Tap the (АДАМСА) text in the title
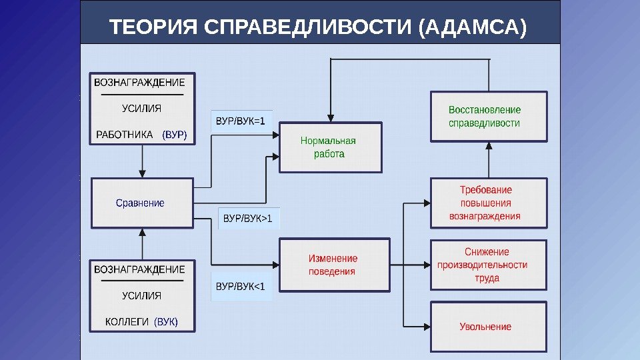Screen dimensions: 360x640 [473, 29]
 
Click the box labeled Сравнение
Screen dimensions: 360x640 [141, 203]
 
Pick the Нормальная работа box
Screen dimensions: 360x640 [330, 147]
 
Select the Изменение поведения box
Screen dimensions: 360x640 [333, 265]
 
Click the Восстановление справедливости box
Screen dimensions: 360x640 [489, 117]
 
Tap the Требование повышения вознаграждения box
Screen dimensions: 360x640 [489, 203]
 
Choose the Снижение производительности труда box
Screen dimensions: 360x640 [489, 265]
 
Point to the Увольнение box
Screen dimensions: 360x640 [489, 327]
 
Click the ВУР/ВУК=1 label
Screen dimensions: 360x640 [241, 121]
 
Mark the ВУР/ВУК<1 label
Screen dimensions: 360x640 [241, 287]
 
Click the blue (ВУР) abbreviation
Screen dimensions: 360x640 [175, 135]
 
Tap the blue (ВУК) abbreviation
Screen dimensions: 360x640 [166, 323]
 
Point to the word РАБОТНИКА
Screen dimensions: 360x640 [125, 135]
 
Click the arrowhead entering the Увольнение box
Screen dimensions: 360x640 [427, 327]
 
